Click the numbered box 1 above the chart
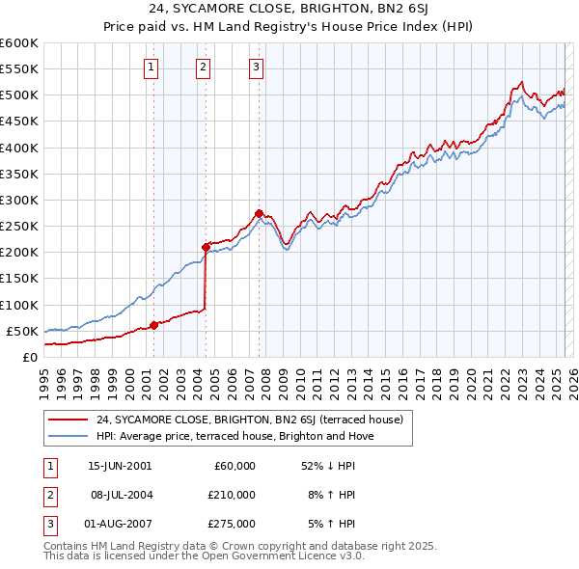point(152,67)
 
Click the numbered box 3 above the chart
point(257,67)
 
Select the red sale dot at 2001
point(153,325)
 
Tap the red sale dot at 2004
point(206,247)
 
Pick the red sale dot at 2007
point(259,213)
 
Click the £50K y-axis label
point(22,331)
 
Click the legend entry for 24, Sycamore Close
point(255,420)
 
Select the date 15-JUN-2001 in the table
point(120,466)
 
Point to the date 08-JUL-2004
point(120,495)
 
